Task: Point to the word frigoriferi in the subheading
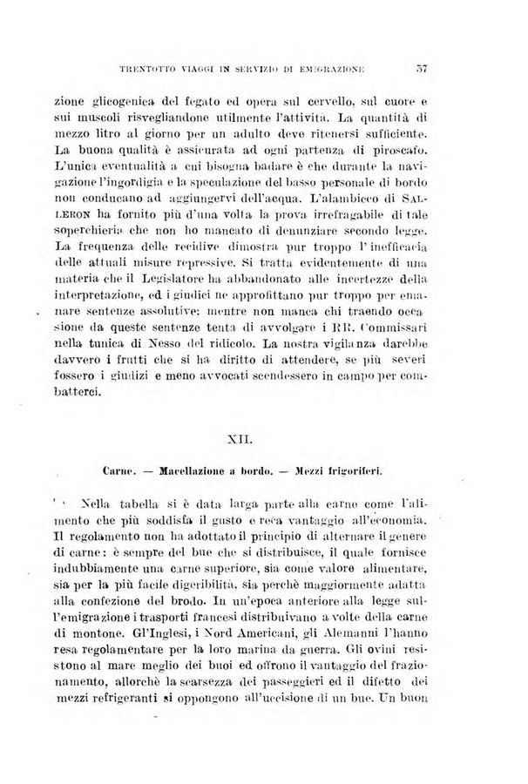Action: pyautogui.click(x=356, y=471)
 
